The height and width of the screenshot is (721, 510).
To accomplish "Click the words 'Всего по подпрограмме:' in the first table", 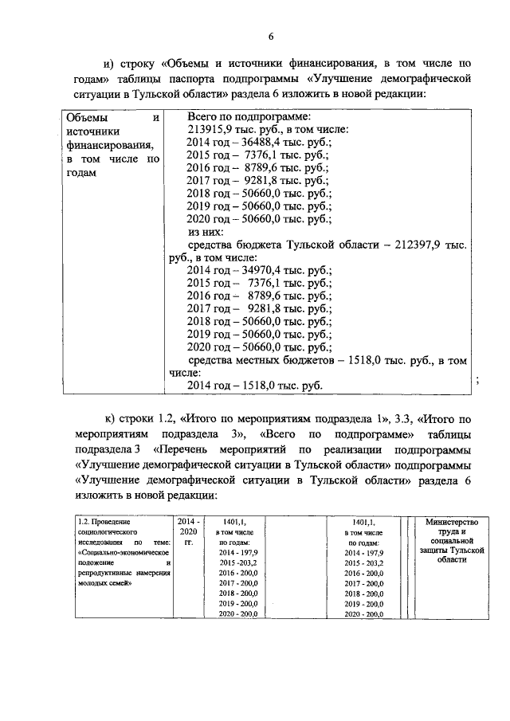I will point(239,116).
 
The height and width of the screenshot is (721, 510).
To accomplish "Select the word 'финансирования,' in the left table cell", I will point(104,145).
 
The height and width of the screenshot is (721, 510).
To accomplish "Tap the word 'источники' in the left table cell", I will point(94,131).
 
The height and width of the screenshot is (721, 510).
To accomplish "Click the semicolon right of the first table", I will point(477,381).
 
